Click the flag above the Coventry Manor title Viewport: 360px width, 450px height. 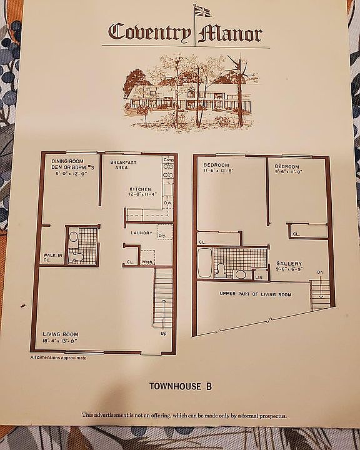pos(203,11)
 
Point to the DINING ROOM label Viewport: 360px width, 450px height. pos(67,161)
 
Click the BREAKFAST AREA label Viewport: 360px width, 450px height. pos(123,164)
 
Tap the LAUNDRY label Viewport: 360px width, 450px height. pos(141,234)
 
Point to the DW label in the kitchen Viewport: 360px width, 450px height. pos(167,203)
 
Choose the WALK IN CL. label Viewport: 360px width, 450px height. pos(51,257)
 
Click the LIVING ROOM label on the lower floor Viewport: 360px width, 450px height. pos(60,334)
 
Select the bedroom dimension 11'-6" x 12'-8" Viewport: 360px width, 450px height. pos(217,170)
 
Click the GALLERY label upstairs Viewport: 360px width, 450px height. pos(289,264)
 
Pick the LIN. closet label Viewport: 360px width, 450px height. pos(259,276)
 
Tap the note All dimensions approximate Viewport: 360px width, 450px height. pos(58,357)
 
